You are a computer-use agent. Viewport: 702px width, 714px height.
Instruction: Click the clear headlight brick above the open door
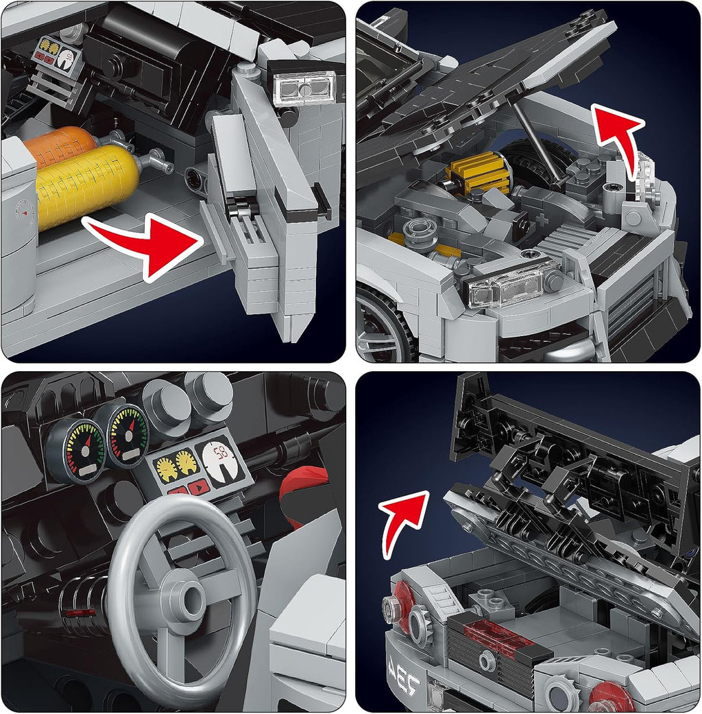coord(304,88)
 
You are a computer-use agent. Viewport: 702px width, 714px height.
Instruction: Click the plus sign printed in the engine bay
coord(545,219)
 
